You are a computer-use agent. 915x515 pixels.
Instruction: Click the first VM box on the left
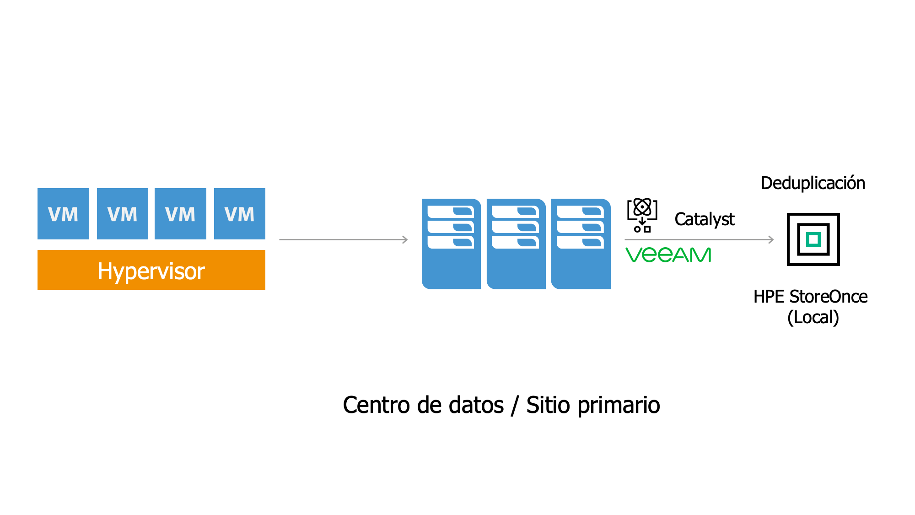coord(63,214)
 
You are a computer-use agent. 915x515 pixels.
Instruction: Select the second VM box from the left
coord(123,214)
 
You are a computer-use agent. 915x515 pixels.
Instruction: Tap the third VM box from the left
coord(180,214)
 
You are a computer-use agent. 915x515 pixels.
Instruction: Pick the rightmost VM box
coord(240,214)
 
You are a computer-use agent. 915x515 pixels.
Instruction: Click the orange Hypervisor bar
coord(151,270)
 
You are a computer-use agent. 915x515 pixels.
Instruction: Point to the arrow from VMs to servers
coord(343,239)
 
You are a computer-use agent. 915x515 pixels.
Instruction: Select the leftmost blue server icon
coord(451,244)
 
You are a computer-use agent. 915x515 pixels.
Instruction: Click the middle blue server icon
coord(516,244)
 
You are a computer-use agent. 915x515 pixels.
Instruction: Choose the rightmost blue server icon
coord(581,244)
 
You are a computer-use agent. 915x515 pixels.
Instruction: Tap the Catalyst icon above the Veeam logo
coord(642,215)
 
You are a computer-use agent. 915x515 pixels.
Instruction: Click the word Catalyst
coord(704,219)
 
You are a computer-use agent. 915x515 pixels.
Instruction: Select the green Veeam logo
coord(668,255)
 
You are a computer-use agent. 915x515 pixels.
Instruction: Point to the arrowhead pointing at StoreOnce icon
coord(771,239)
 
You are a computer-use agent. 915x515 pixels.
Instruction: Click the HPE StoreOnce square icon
coord(813,239)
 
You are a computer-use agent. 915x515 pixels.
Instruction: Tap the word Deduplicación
coord(813,183)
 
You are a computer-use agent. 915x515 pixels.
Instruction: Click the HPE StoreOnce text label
coord(810,297)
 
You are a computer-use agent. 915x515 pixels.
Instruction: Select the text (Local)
coord(813,317)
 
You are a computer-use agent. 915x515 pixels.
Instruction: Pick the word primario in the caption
coord(619,405)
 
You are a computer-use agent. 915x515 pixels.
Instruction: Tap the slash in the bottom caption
coord(515,405)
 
